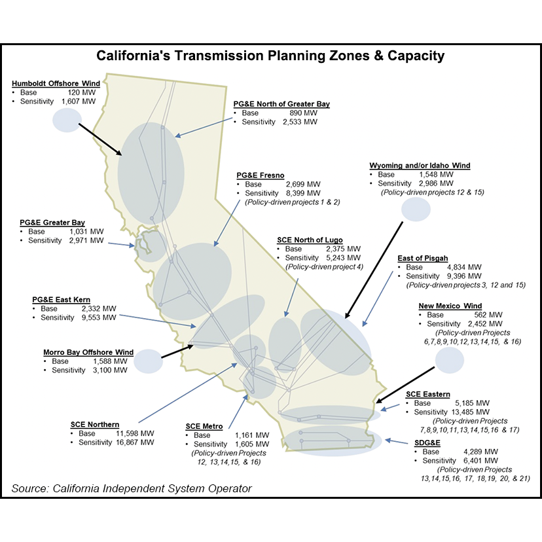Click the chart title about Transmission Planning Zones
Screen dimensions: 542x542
tap(270, 56)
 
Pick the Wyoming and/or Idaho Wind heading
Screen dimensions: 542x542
tap(420, 166)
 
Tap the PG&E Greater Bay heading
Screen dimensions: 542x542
tap(52, 223)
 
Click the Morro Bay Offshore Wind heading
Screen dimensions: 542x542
tap(88, 352)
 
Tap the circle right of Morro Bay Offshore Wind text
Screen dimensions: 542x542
tap(148, 361)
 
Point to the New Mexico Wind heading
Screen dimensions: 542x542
tap(450, 306)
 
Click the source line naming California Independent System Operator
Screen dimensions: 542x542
tap(132, 488)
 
